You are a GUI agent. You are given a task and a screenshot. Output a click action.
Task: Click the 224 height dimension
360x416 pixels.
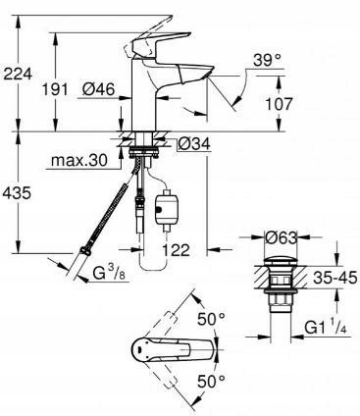pyautogui.click(x=17, y=74)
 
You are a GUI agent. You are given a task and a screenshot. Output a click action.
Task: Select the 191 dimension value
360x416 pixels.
pyautogui.click(x=55, y=89)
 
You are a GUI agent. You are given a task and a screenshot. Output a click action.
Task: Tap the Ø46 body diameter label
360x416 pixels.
pyautogui.click(x=98, y=89)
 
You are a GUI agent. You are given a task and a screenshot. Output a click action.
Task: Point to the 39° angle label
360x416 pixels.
pyautogui.click(x=268, y=61)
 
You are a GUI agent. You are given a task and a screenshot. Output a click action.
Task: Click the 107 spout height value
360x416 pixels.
pyautogui.click(x=278, y=104)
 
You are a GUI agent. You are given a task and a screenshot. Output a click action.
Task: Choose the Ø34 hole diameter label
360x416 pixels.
pyautogui.click(x=194, y=144)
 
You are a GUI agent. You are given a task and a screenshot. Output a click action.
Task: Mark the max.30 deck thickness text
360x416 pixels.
pyautogui.click(x=79, y=160)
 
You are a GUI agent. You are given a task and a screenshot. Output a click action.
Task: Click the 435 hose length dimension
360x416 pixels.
pyautogui.click(x=17, y=192)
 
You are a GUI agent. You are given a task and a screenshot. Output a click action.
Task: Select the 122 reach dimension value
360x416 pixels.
pyautogui.click(x=176, y=250)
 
